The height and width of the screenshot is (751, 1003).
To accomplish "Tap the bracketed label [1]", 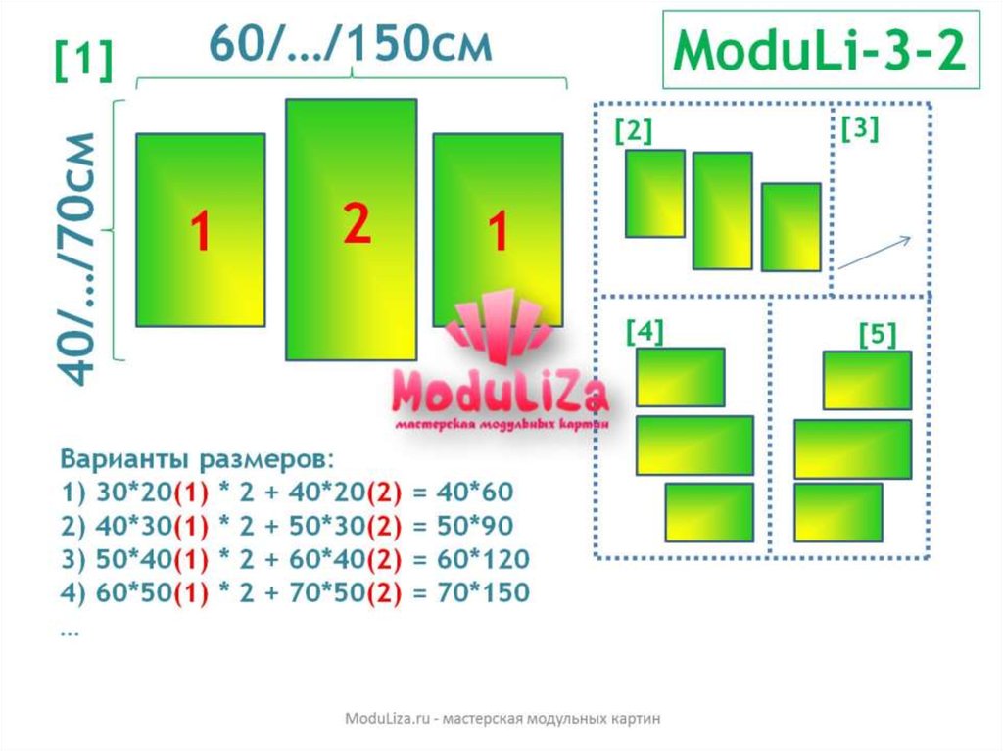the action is tap(84, 61).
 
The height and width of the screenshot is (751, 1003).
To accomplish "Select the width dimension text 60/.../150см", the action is tap(352, 43).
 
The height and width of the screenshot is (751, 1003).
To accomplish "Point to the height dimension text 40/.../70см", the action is tap(76, 259).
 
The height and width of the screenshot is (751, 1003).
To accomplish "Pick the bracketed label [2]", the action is tap(634, 131).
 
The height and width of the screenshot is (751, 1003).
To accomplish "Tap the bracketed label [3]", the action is tap(860, 128).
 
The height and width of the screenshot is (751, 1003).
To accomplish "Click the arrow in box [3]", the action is tap(875, 253).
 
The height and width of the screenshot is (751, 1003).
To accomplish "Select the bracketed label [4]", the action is tap(645, 331).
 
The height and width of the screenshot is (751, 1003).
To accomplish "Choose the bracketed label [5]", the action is tap(878, 334).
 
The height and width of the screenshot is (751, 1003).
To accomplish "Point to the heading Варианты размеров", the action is tap(197, 459).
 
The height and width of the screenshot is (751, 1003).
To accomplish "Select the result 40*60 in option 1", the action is tap(475, 492).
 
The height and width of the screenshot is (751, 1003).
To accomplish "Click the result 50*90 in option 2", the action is tap(475, 526).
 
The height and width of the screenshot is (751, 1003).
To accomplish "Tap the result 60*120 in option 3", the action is tap(483, 559).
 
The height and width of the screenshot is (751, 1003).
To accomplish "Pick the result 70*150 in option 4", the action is tap(483, 592).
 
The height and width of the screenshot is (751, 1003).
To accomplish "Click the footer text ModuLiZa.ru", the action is tap(388, 718).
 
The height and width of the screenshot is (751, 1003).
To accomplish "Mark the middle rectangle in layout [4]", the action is tap(694, 446).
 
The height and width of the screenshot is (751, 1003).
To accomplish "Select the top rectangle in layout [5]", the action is tap(868, 380).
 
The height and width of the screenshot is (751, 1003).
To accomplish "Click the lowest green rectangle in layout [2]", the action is tap(791, 227).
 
